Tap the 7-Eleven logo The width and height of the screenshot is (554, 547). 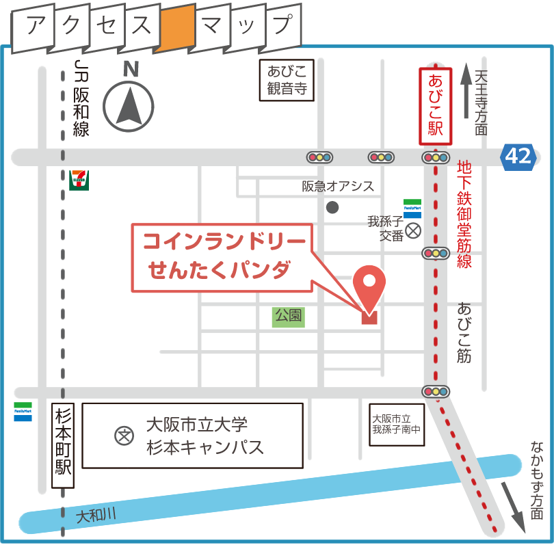79,180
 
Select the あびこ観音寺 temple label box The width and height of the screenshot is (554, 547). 287,79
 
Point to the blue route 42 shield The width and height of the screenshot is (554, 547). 518,157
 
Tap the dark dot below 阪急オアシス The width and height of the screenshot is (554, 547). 332,207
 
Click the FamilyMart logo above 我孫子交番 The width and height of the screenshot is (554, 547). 412,208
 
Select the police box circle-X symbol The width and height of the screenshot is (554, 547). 413,231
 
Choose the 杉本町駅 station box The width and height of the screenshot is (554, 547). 63,445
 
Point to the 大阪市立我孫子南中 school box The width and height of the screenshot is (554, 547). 396,424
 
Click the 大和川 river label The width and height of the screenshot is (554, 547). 96,513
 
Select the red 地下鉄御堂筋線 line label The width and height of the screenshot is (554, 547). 464,212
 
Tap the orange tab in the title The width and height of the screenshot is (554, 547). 176,29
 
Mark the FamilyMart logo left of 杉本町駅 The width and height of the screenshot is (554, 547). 23,411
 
